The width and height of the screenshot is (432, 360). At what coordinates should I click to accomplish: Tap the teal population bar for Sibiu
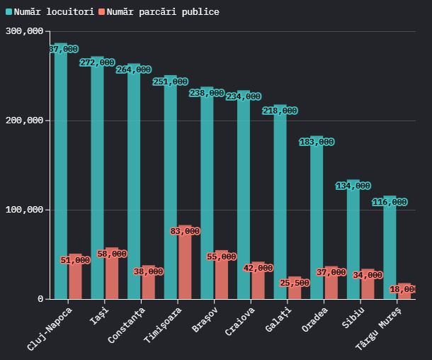point(353,241)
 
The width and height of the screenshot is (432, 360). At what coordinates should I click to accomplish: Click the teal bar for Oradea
point(317,220)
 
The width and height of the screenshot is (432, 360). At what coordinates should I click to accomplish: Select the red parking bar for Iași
point(112,276)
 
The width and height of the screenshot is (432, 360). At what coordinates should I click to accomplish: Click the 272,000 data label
point(97,62)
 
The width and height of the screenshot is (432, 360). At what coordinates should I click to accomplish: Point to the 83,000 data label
point(185,231)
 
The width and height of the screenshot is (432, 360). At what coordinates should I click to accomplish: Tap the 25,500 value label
point(295,283)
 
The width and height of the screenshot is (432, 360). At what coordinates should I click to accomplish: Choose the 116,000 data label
point(390,202)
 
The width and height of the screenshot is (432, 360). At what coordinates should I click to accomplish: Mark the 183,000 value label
point(317,142)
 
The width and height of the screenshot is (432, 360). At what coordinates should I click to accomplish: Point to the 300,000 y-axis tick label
point(24,31)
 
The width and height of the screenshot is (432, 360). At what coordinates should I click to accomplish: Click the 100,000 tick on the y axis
point(24,210)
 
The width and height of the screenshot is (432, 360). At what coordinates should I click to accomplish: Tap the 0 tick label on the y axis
point(40,299)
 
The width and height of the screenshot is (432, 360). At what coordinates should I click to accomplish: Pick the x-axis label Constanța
point(127,326)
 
